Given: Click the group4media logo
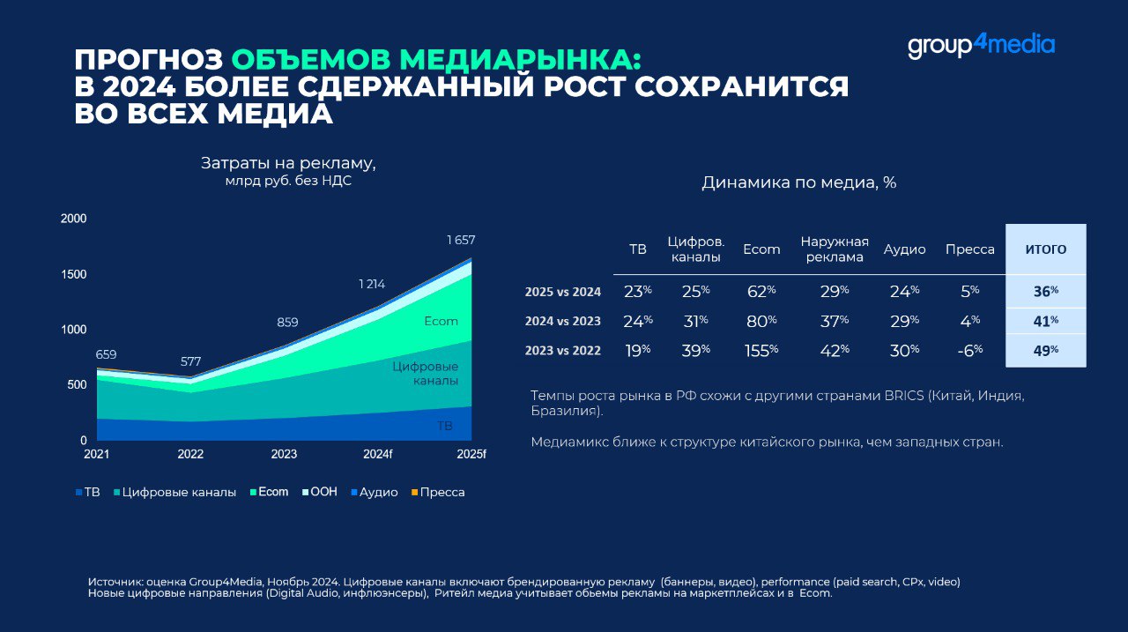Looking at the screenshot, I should (981, 45).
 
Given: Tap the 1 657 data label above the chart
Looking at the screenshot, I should (461, 240).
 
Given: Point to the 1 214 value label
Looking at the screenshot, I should (373, 284).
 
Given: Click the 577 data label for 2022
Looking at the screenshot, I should (191, 361).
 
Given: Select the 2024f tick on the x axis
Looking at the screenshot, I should (377, 455).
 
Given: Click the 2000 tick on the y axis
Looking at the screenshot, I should (73, 219).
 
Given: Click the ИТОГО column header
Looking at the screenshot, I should (1045, 249).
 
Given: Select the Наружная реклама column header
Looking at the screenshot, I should (835, 249).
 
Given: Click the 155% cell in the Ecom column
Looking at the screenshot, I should (761, 350).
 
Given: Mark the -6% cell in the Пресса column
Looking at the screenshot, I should (969, 350).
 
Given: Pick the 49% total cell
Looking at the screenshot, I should (1045, 350).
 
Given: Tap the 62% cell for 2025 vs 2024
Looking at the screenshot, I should (761, 292).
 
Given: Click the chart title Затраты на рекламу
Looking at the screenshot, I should (288, 163).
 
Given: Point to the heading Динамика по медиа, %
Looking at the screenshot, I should (798, 182).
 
